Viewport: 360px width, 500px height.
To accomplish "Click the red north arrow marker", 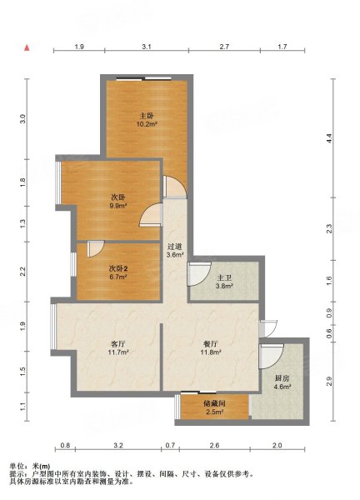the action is (27, 47).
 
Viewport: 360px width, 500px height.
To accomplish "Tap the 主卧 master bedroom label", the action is (147, 116).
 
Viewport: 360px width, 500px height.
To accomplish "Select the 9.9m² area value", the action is (118, 206).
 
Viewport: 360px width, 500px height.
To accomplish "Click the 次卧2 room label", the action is (118, 269).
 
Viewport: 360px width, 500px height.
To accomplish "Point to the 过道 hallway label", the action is (175, 247).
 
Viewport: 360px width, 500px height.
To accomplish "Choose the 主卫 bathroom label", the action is (224, 278).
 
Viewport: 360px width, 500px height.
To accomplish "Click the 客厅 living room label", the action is (118, 344).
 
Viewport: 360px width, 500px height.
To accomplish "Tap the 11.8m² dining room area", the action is (211, 352).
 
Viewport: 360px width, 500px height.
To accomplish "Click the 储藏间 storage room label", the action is (214, 404).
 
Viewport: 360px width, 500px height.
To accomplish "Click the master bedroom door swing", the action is (175, 187).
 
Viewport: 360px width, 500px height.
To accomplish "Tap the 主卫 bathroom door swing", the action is (199, 274).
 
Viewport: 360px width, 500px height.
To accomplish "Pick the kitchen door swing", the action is (272, 356).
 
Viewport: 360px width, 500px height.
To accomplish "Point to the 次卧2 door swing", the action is (95, 248).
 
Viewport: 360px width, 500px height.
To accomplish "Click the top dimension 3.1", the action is (147, 47).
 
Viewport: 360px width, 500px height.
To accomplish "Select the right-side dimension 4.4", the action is (329, 138).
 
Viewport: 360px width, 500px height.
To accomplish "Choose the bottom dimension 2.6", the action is (215, 445).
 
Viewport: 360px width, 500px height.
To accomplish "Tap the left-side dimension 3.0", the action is (22, 119).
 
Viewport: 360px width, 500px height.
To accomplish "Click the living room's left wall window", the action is (53, 327).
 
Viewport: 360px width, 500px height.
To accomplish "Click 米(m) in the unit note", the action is (42, 467).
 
